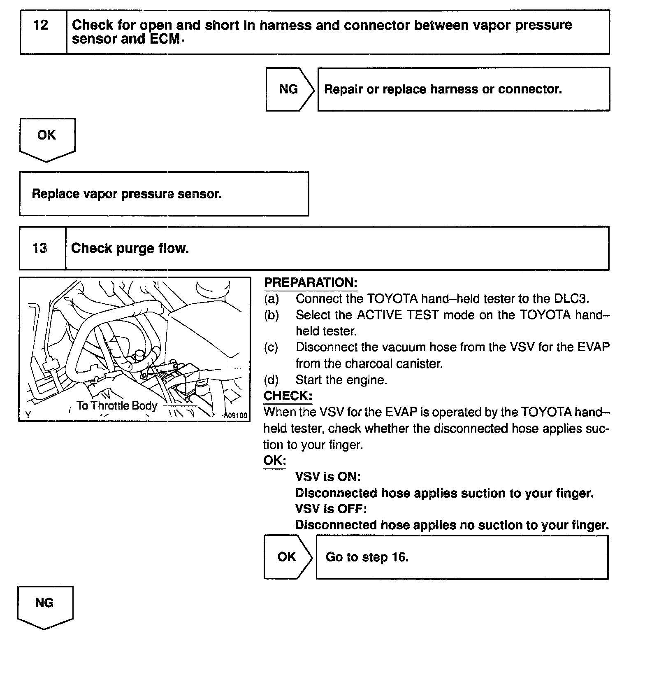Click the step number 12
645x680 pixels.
41,26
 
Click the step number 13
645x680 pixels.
40,248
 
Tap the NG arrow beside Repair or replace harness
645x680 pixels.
289,89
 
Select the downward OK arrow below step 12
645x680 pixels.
46,137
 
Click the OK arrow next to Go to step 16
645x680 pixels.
287,557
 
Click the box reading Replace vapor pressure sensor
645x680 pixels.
164,194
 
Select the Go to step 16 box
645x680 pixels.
462,557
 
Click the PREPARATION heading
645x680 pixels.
311,283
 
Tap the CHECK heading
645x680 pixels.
288,396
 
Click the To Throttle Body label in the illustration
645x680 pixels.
117,406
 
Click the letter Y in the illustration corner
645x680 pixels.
28,415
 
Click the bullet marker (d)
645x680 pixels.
271,380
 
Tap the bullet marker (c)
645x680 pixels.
271,347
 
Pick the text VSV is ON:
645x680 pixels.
328,477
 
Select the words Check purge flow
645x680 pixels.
130,249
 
